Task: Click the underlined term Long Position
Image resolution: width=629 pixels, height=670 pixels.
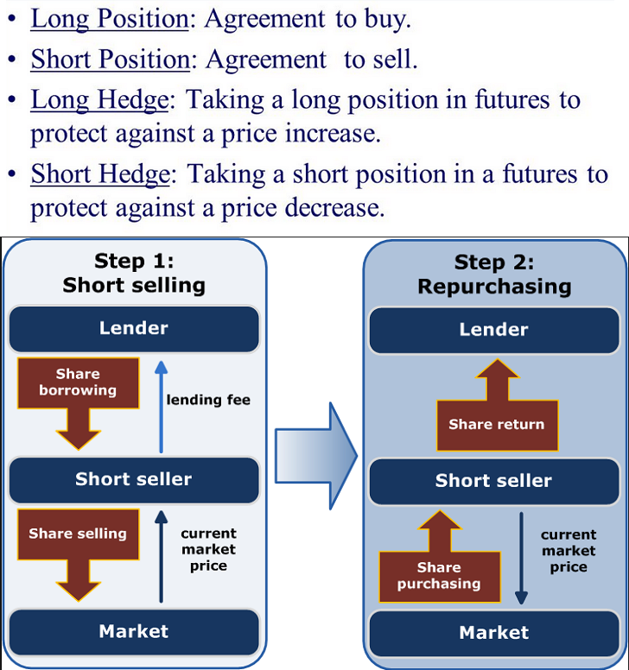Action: click(x=109, y=19)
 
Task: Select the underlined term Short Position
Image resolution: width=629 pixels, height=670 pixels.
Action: click(x=110, y=59)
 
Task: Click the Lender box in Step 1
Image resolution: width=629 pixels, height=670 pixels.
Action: click(x=134, y=328)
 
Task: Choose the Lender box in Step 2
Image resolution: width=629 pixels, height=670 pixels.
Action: click(x=493, y=330)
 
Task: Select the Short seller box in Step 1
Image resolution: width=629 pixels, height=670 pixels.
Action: click(x=134, y=479)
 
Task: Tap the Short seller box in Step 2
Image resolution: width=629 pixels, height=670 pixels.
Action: click(x=493, y=481)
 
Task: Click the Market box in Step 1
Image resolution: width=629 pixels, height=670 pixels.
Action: click(x=134, y=631)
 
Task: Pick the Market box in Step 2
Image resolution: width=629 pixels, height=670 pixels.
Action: click(x=493, y=633)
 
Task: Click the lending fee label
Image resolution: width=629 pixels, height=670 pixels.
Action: click(x=208, y=400)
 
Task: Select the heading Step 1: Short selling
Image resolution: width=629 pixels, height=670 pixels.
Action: click(x=134, y=273)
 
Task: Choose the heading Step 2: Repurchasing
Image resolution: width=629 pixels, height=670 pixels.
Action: click(x=493, y=274)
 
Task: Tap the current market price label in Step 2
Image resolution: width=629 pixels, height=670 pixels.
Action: click(x=569, y=551)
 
